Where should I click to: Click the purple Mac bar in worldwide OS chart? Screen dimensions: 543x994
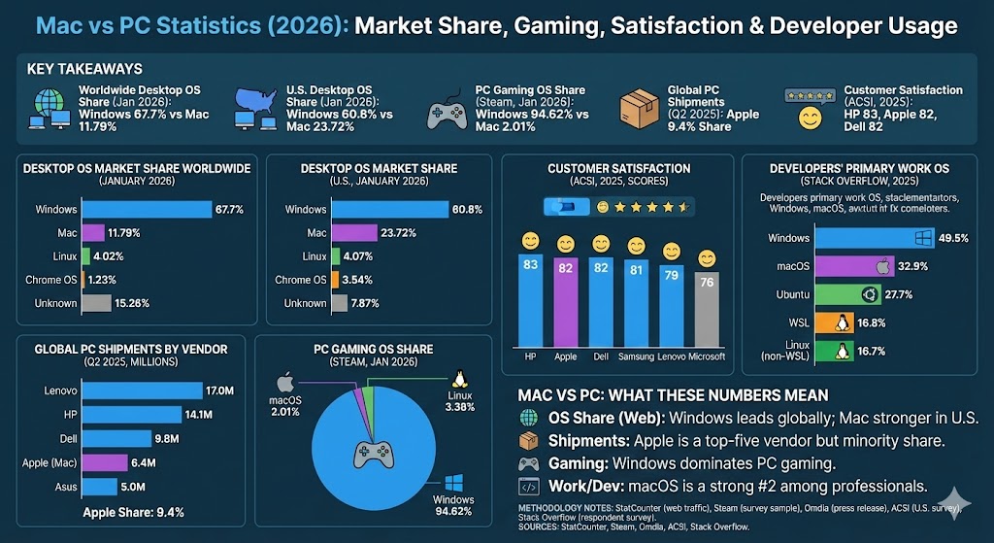click(x=93, y=233)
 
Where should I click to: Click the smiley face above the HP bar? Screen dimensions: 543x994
click(x=530, y=240)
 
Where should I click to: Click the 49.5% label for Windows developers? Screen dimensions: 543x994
click(x=954, y=238)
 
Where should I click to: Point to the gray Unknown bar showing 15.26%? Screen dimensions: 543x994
click(x=96, y=303)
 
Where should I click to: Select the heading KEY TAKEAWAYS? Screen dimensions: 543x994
click(x=86, y=69)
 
